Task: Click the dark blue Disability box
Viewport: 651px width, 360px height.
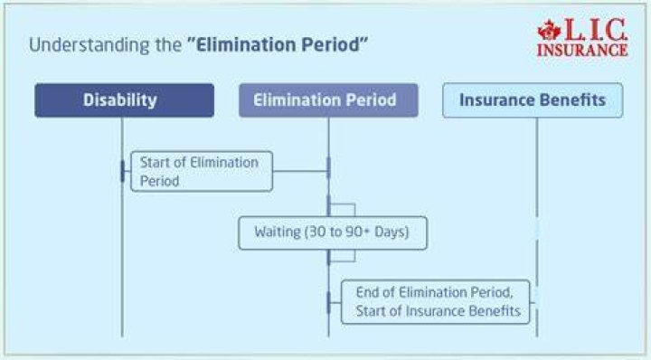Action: point(125,100)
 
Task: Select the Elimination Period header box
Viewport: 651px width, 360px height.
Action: point(328,100)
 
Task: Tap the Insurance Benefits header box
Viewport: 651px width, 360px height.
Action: point(533,100)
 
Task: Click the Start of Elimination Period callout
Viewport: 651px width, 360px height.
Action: point(202,171)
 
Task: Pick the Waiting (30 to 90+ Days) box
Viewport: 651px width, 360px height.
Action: point(333,233)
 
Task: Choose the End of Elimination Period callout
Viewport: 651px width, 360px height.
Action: point(436,302)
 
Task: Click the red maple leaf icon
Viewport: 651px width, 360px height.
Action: point(550,31)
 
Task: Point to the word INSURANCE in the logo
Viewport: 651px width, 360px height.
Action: point(582,50)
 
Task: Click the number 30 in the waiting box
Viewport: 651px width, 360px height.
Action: point(316,232)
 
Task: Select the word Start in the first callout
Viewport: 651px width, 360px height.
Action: point(155,162)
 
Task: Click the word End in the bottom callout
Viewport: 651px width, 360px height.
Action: point(367,292)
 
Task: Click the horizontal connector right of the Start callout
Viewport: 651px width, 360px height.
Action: point(300,171)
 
